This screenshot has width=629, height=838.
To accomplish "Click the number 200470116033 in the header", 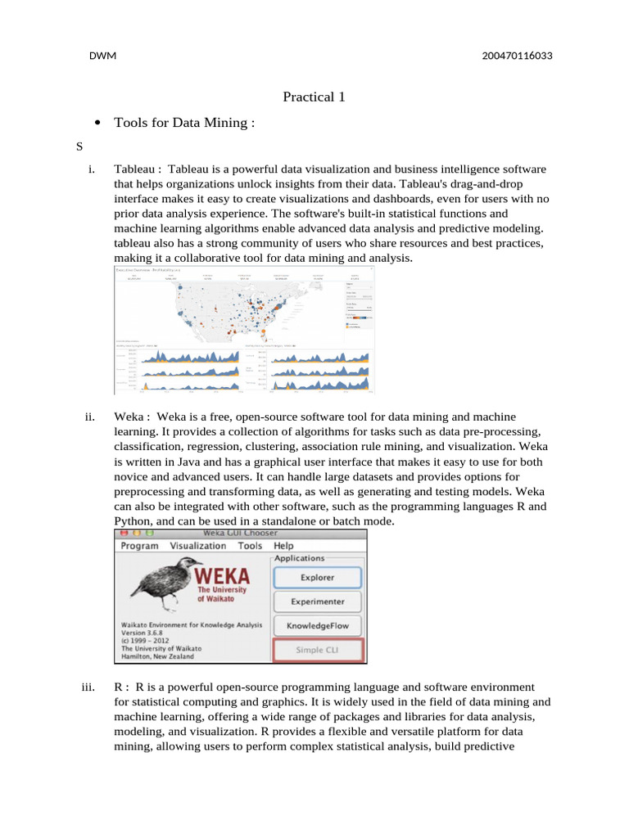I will point(505,56).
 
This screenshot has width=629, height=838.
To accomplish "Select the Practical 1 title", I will point(314,97).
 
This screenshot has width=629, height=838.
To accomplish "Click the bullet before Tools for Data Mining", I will point(98,123).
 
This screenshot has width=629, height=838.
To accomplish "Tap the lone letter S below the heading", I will point(79,147).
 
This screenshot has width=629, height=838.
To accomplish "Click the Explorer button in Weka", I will point(317,577).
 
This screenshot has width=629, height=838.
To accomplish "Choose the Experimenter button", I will point(317,601).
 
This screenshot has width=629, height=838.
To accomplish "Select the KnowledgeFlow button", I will point(317,626).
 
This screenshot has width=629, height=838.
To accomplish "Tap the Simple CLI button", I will point(317,651).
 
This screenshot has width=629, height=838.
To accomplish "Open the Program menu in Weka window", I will point(139,546).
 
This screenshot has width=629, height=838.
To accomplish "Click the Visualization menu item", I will point(198,546).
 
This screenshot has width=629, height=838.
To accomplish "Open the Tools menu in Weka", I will point(250,546).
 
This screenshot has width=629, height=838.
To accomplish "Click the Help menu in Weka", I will point(283,546).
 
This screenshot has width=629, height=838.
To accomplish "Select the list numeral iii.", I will point(90,687).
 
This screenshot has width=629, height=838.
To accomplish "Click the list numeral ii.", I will point(91,417).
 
